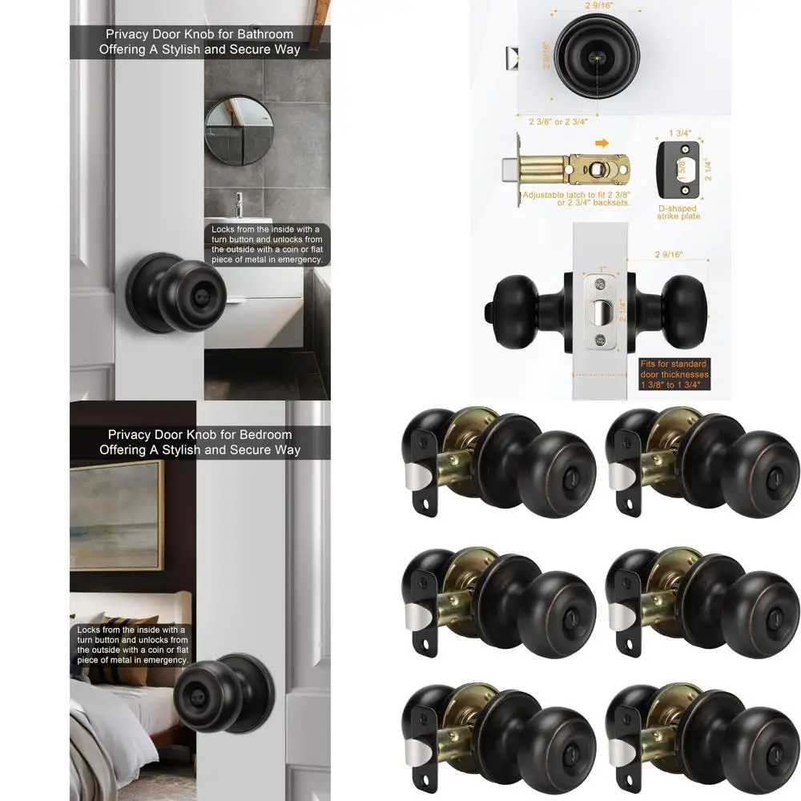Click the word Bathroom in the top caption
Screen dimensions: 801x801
coord(265,34)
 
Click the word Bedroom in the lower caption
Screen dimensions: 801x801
coord(265,435)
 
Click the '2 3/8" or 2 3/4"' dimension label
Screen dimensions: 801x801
coord(557,123)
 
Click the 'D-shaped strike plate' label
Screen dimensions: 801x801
coord(678,212)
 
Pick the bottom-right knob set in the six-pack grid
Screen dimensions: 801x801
coord(702,737)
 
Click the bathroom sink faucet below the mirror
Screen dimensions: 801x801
coord(239,204)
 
